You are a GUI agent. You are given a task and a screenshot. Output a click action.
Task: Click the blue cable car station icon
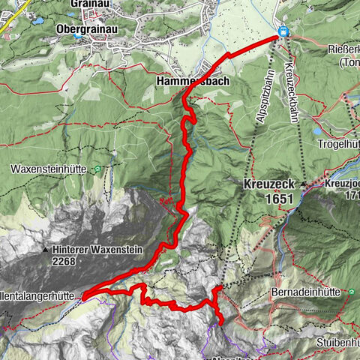283,31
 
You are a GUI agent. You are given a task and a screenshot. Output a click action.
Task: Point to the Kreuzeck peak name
271,184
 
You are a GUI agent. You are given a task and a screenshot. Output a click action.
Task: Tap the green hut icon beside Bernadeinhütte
351,290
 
